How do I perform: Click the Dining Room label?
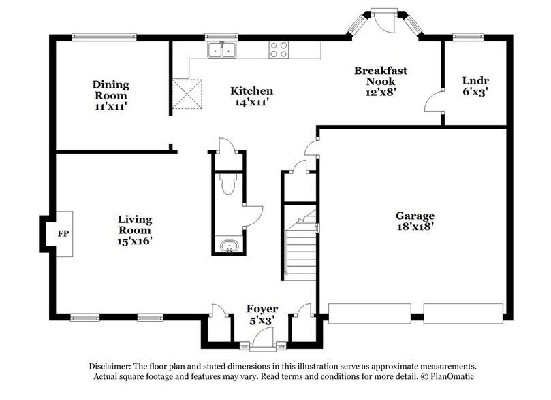[111, 95]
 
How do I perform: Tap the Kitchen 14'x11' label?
[251, 96]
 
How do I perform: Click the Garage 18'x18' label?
[415, 222]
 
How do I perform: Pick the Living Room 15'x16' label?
[134, 230]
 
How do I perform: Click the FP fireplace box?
[63, 235]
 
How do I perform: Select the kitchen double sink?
[222, 50]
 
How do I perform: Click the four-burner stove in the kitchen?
[278, 50]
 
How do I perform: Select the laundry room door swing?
[434, 103]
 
